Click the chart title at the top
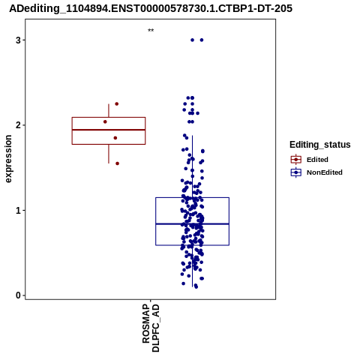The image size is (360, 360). click(151, 9)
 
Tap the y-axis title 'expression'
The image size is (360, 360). click(8, 159)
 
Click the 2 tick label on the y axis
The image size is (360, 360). click(19, 125)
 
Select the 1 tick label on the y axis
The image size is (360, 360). click(19, 210)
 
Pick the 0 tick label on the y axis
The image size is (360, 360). click(19, 295)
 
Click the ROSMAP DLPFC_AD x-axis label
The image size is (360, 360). click(151, 328)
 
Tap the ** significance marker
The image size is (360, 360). click(151, 31)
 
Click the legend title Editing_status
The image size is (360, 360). click(320, 145)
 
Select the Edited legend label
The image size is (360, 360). click(317, 160)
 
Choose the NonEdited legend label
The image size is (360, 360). click(325, 172)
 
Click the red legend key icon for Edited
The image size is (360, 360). click(296, 160)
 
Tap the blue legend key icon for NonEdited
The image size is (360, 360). click(296, 172)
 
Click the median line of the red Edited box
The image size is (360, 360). click(109, 130)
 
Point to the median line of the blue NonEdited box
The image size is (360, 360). click(193, 223)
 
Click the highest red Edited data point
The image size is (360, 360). click(117, 103)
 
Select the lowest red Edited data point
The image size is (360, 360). click(117, 163)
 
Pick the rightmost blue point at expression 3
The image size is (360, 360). click(202, 40)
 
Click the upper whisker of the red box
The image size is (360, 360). click(109, 110)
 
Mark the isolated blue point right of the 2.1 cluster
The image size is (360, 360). click(197, 113)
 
